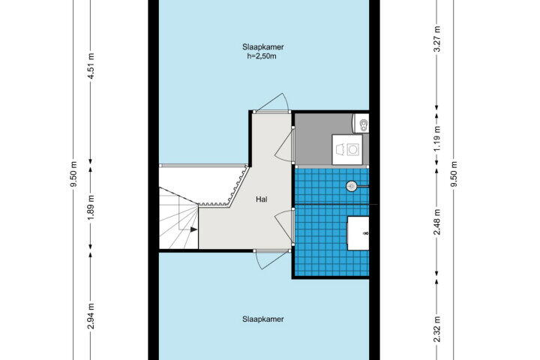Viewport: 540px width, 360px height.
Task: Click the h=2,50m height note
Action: (262, 55)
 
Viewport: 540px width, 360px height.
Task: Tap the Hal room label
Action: (262, 199)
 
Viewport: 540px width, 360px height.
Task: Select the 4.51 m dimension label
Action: (91, 66)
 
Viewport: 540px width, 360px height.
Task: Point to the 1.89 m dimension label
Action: (91, 208)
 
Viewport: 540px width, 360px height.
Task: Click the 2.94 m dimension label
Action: (91, 316)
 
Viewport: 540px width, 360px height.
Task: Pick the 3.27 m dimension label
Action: (437, 38)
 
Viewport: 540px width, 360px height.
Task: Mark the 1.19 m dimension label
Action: (437, 139)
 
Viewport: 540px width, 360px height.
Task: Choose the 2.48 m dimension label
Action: (437, 222)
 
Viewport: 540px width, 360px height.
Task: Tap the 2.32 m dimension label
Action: (437, 330)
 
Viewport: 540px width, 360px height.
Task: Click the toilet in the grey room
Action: (361, 124)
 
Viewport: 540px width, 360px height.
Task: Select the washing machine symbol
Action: (347, 150)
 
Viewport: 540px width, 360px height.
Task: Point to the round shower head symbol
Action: (351, 186)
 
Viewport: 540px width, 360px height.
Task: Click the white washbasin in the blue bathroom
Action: (358, 233)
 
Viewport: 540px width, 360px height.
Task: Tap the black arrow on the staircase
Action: (194, 229)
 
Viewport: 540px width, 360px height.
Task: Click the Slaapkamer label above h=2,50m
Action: (263, 46)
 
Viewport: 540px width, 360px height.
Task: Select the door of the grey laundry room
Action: (285, 145)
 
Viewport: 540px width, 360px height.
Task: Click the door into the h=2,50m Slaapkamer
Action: (272, 103)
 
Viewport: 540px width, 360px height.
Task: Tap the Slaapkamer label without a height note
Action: (263, 319)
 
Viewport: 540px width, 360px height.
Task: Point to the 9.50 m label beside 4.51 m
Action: (73, 174)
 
